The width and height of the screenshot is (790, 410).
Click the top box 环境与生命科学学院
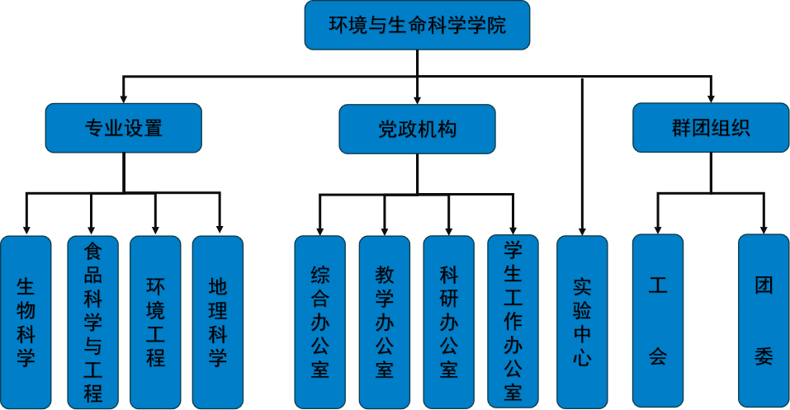pos(417,26)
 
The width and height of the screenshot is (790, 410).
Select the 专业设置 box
pos(124,128)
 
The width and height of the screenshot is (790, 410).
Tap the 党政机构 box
pos(417,129)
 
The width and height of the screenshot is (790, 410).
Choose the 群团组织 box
pos(711,128)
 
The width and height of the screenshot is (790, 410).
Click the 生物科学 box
pos(26,322)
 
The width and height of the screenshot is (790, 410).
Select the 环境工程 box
pos(155,322)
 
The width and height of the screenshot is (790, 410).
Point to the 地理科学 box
pos(218,322)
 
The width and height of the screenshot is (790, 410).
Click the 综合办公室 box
pos(320,322)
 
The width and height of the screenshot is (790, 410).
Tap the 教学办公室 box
pos(385,322)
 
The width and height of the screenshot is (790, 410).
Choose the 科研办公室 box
pos(449,322)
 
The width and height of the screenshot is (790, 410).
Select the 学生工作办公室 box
pos(513,322)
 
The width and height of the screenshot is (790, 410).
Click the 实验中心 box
pos(582,322)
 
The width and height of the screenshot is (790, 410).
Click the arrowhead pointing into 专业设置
pos(124,98)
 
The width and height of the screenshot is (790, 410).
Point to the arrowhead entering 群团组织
pos(711,98)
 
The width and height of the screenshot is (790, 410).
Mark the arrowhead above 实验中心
pos(582,231)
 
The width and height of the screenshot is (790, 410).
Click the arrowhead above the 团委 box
pos(764,229)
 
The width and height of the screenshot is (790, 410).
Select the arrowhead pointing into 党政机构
pos(417,99)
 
